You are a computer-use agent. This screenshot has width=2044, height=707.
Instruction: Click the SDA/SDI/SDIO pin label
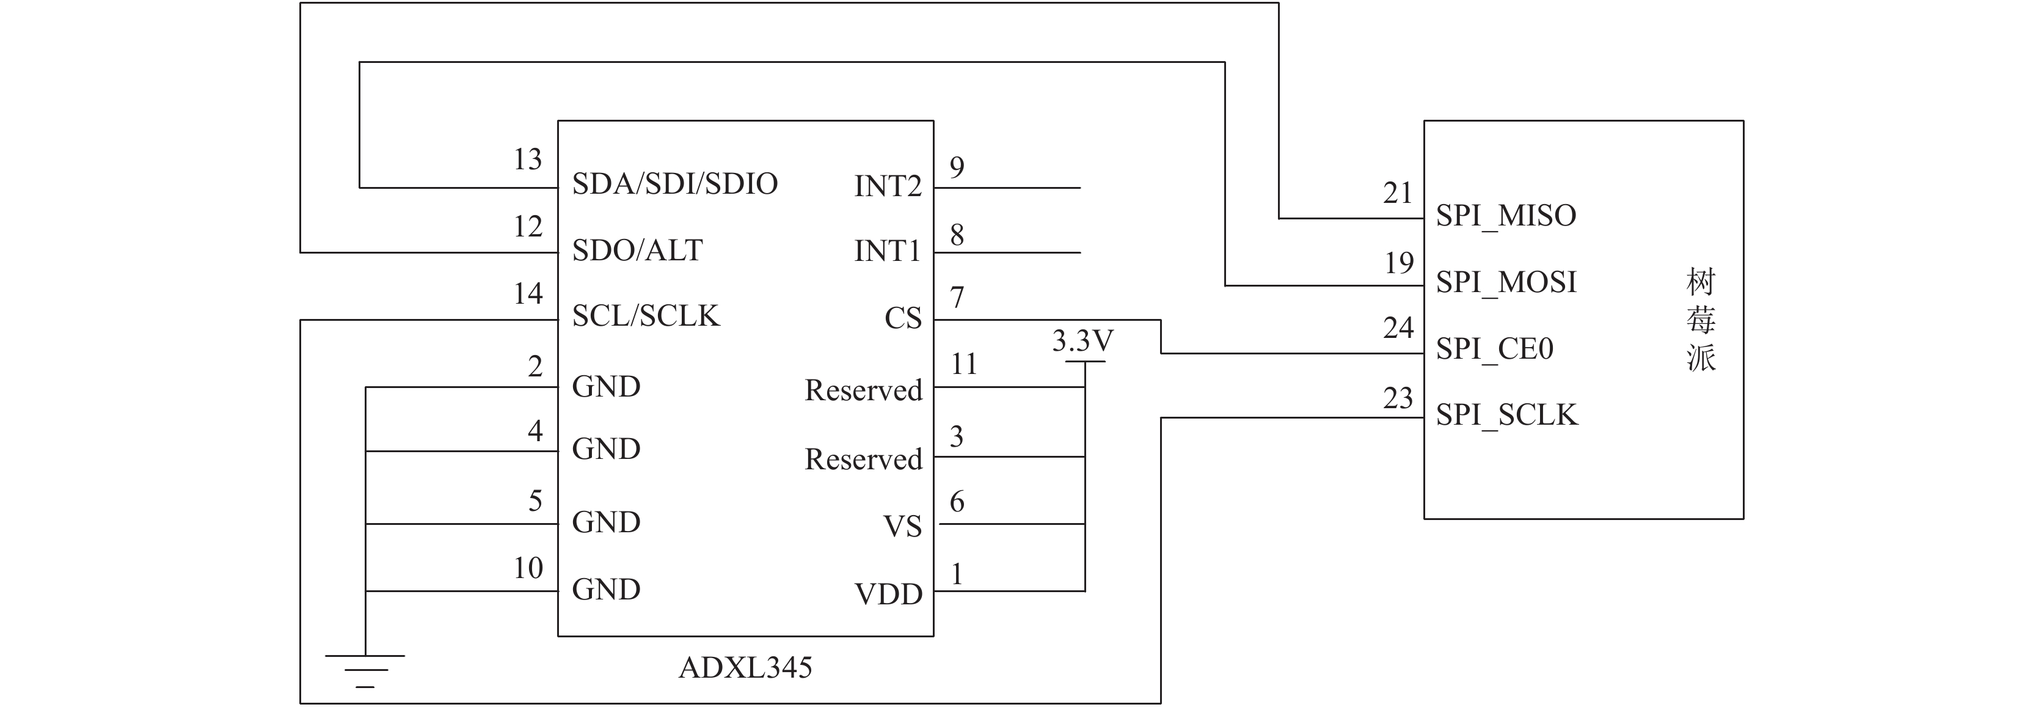[674, 184]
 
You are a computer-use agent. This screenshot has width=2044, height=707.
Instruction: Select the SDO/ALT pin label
[637, 251]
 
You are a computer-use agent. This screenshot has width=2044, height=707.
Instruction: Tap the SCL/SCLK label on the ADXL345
[645, 317]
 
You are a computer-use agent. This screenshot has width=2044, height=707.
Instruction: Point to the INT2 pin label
[888, 186]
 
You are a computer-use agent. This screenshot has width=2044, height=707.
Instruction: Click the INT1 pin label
[888, 252]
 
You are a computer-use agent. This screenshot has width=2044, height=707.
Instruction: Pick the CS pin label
[903, 319]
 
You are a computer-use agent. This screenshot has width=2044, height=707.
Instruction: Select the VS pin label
[903, 527]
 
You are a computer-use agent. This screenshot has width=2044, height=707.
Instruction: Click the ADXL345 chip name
[745, 668]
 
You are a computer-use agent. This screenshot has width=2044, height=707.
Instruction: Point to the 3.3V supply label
[1082, 341]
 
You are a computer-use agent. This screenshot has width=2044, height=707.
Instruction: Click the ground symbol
[365, 670]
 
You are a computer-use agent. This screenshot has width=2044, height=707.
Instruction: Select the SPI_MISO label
[1506, 216]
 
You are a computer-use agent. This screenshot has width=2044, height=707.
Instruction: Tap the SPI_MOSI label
[1506, 282]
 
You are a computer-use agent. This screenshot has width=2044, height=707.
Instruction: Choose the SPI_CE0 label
[1495, 349]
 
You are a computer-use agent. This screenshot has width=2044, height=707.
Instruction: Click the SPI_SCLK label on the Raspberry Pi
[1507, 415]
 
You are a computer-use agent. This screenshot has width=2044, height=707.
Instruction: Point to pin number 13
[528, 159]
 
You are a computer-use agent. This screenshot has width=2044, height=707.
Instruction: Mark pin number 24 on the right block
[1398, 328]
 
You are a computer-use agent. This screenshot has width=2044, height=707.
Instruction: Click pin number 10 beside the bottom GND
[528, 568]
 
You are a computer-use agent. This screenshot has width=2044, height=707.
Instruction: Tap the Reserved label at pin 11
[863, 390]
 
